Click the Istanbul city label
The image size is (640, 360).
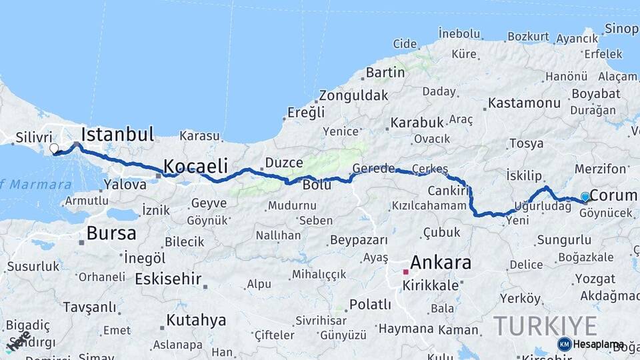point(117,133)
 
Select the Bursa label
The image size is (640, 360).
point(111,233)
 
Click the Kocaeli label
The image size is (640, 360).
point(195,165)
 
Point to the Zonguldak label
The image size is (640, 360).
point(353,95)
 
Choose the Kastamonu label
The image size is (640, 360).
point(524,103)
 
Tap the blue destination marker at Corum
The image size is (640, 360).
point(585,197)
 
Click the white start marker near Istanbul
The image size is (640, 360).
point(54,149)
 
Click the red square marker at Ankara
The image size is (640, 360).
point(405,272)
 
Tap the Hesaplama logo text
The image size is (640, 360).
point(598,344)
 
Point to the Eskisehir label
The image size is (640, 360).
point(168,279)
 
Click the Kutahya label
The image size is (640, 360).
point(196,320)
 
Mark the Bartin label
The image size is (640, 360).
point(385,72)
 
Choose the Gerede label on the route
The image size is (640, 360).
point(373,168)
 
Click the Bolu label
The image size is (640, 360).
point(317,185)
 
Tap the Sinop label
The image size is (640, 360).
point(621,29)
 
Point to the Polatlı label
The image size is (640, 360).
point(370,305)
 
